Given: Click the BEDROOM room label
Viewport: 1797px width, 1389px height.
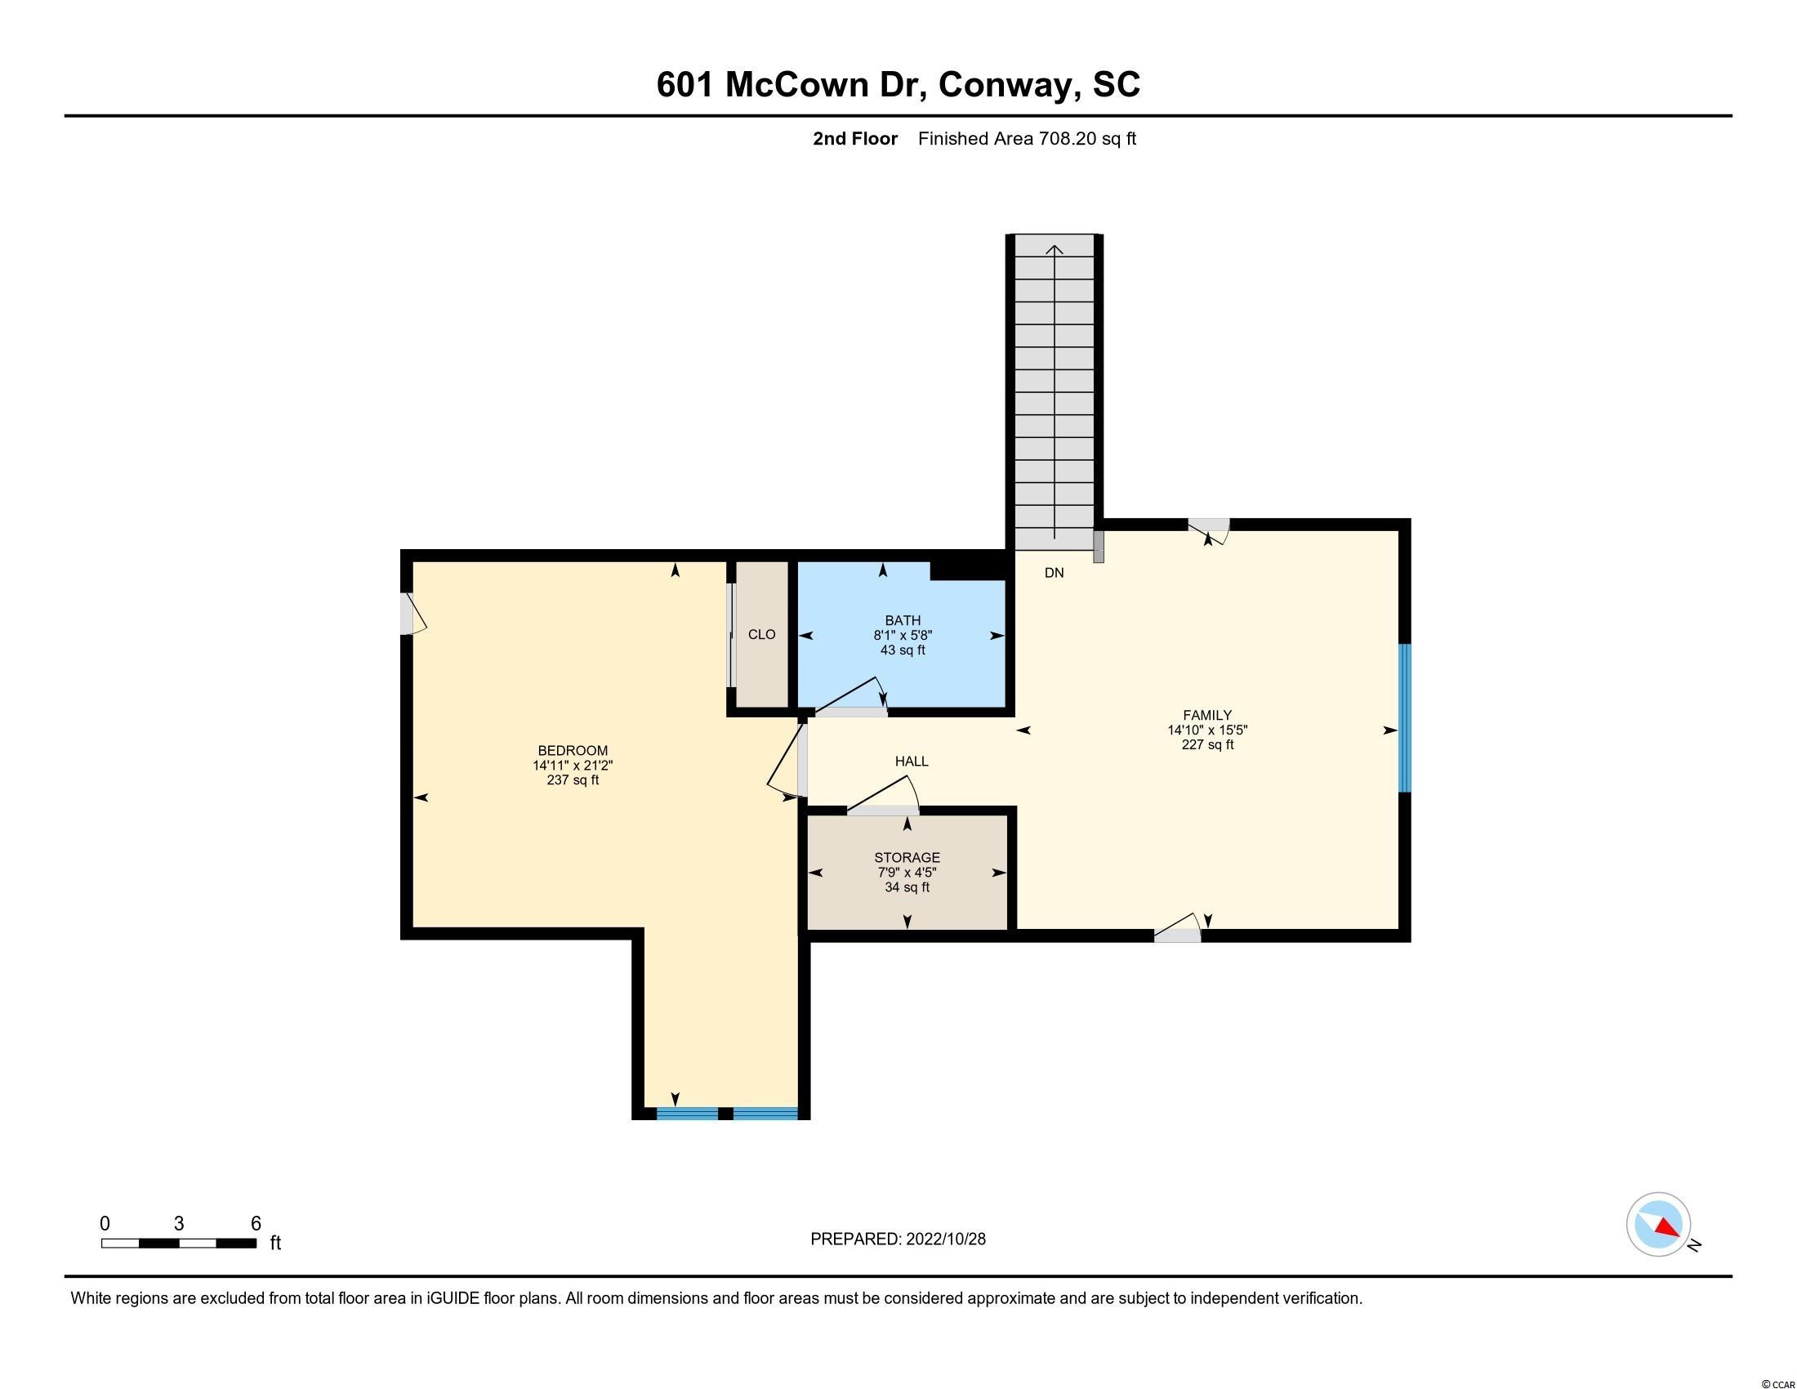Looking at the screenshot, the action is click(573, 750).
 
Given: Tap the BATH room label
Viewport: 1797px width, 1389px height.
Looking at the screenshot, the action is click(903, 620).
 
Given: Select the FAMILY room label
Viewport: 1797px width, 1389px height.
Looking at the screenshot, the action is click(1207, 715).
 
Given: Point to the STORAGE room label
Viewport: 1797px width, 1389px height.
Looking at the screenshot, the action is click(907, 857).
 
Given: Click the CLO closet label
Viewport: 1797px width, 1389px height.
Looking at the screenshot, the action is click(762, 634).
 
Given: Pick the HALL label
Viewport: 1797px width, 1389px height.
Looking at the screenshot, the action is click(912, 761).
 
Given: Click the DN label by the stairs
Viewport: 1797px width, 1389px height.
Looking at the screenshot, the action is click(1054, 573).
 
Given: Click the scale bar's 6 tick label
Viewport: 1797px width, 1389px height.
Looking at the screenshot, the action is click(256, 1223).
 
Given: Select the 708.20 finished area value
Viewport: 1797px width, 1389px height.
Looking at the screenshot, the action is click(1068, 139).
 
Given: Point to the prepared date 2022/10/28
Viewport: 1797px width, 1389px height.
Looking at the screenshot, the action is click(944, 1239).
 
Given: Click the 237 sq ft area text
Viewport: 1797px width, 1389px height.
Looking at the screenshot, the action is click(573, 780).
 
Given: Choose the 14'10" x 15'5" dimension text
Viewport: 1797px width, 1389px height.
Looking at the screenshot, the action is click(1207, 730).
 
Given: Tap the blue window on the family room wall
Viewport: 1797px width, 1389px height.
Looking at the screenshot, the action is click(1406, 718).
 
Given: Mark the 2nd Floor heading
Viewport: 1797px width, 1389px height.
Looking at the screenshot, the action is click(855, 139).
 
